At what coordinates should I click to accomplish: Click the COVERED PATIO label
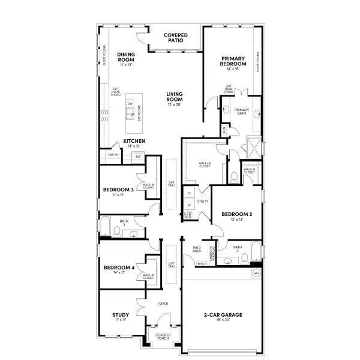click(x=176, y=38)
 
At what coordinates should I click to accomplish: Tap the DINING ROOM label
click(x=126, y=57)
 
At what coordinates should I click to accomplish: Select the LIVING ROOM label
click(x=175, y=97)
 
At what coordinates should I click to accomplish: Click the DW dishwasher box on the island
click(x=130, y=104)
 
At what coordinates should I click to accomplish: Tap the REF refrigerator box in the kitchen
click(x=139, y=157)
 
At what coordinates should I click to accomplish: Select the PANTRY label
click(x=113, y=155)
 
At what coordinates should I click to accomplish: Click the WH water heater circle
click(x=256, y=272)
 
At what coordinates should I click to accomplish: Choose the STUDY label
click(x=121, y=315)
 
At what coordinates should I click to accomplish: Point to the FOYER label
click(x=163, y=304)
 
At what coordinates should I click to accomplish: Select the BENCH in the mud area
click(x=202, y=263)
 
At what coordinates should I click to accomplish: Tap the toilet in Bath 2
click(x=244, y=259)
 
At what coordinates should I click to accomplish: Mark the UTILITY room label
click(x=202, y=201)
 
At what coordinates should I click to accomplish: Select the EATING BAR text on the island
click(x=140, y=114)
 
